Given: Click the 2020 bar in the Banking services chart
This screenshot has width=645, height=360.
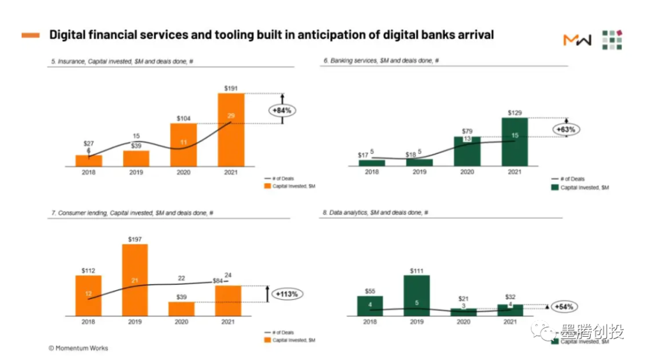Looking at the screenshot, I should tap(467, 151).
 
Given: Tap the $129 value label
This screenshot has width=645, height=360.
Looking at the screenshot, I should tap(514, 112).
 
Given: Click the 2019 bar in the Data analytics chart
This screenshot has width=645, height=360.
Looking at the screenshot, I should tap(416, 295).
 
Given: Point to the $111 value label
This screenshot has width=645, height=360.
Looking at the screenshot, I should tap(417, 270).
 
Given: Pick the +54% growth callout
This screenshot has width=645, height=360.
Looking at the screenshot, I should tap(564, 307).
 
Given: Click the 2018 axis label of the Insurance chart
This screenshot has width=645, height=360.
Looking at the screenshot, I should tap(88, 173).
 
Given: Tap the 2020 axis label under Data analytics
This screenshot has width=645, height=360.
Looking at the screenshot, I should tap(463, 322).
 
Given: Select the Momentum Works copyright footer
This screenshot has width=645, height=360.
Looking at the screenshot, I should tap(78, 348).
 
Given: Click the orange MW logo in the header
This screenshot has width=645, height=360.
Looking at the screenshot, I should tap(577, 40).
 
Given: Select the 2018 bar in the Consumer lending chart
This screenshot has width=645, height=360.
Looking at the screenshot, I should tap(88, 296).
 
